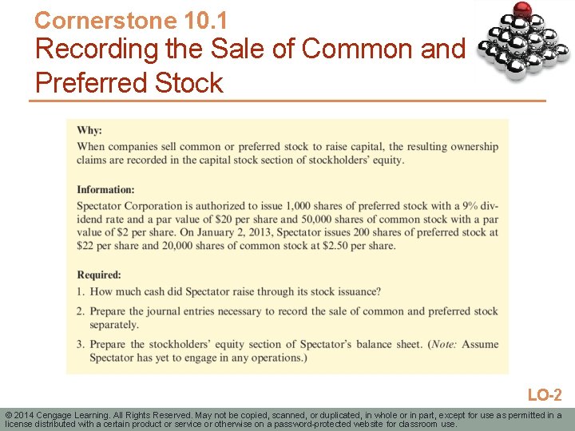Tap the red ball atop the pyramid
click(522, 10)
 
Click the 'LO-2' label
click(545, 395)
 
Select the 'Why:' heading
click(89, 130)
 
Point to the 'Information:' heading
click(105, 189)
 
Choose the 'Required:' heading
click(99, 275)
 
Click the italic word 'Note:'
click(442, 344)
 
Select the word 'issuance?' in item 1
click(355, 291)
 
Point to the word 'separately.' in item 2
click(114, 324)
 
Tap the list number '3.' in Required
click(81, 344)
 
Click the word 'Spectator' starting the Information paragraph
click(101, 206)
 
